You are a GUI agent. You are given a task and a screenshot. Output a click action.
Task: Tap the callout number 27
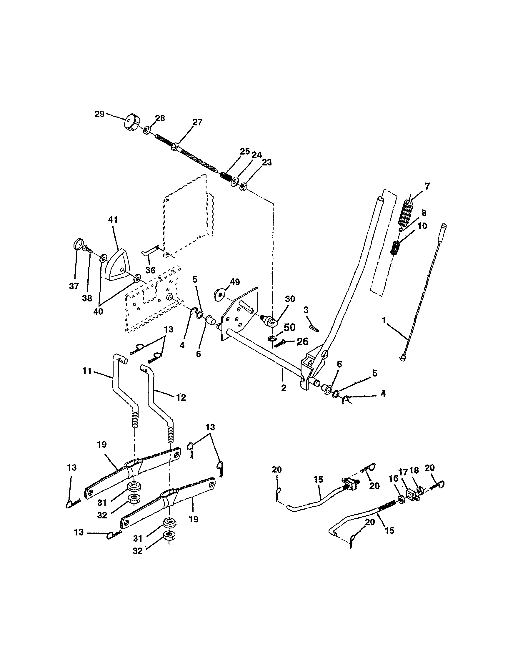point(197,122)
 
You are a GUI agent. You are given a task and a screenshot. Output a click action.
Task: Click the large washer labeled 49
point(220,294)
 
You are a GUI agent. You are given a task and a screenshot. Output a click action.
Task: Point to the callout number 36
point(150,270)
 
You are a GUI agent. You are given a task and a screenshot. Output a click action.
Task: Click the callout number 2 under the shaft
point(284,388)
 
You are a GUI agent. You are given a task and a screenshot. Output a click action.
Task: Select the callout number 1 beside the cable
point(384,320)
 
